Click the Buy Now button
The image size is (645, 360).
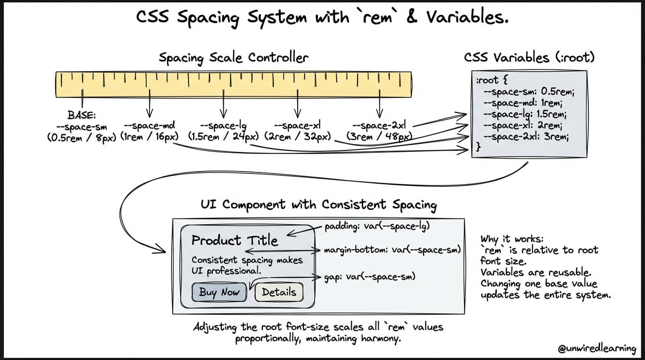219,292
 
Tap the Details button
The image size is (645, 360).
279,292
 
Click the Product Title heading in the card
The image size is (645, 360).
235,240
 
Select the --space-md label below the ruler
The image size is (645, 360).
149,126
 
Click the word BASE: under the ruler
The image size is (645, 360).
82,115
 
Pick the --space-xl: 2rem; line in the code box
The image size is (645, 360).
523,126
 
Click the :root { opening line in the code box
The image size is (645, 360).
492,80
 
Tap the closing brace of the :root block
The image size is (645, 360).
478,147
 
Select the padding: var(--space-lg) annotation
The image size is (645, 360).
377,226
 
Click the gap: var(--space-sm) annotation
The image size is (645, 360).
370,277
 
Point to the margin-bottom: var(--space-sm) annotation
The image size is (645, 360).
392,250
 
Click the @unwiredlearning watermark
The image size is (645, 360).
597,348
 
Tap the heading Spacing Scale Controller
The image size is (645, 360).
233,58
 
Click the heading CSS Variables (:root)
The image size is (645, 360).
529,58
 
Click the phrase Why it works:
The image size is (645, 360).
512,239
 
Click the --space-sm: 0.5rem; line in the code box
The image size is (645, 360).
529,91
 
